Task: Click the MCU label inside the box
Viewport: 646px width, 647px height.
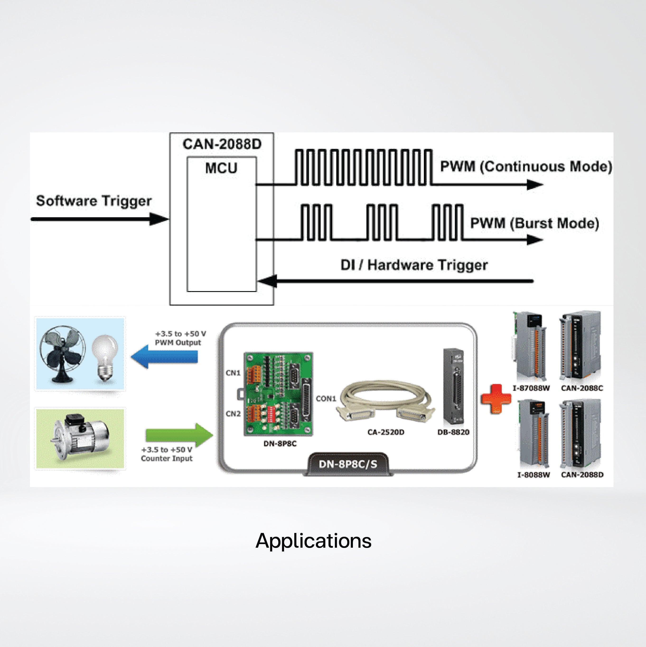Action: (221, 168)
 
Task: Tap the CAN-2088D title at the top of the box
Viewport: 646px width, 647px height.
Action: (222, 144)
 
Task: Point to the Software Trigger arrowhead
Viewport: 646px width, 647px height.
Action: (159, 219)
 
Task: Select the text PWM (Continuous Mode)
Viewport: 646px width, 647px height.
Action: (526, 166)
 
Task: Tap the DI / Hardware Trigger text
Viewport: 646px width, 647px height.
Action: (414, 265)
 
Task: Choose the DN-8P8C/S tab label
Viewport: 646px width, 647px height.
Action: (348, 464)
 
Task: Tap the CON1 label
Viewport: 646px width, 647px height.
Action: (326, 398)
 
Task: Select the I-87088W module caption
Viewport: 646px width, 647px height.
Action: (531, 388)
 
